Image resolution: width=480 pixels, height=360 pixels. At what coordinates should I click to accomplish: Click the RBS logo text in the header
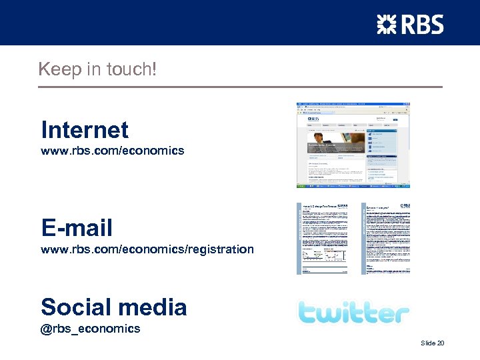tap(421, 25)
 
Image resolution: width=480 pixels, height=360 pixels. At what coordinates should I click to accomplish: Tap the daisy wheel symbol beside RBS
tap(386, 25)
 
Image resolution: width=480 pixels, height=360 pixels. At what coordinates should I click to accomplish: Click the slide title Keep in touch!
tap(97, 69)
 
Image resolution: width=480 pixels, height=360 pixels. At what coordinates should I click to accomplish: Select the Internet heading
tap(85, 129)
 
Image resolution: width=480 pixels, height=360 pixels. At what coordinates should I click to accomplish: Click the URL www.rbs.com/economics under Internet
tap(113, 151)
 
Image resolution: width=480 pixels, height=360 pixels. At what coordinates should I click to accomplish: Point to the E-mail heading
tap(77, 228)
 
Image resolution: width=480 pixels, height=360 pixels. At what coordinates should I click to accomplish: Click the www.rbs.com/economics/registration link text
tap(147, 249)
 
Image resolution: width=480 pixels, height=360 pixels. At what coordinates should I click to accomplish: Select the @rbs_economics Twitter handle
tap(91, 328)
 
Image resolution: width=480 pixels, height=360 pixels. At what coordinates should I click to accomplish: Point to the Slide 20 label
tap(432, 343)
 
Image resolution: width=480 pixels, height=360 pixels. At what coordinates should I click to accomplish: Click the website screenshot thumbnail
tap(353, 145)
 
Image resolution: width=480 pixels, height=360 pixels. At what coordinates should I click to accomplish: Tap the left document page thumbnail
tap(323, 238)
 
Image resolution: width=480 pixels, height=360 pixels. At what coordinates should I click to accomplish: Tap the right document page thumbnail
tap(386, 238)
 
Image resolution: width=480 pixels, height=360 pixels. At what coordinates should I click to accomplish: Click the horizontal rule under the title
tap(240, 87)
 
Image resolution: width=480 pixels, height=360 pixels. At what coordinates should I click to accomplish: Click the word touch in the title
tap(133, 69)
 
